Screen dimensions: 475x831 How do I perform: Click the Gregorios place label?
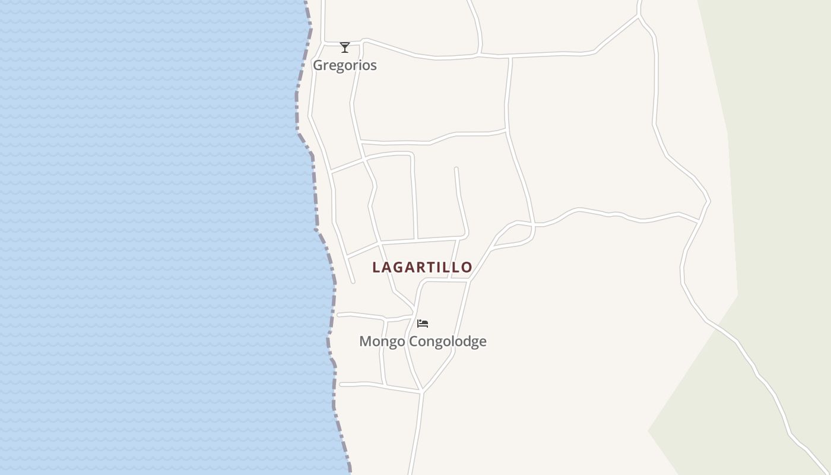pos(345,65)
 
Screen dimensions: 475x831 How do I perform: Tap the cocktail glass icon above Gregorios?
pos(345,47)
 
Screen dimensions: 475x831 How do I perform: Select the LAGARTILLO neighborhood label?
pos(422,267)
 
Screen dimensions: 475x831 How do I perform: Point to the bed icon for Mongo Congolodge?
pos(423,324)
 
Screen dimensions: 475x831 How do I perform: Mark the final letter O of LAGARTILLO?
pos(467,267)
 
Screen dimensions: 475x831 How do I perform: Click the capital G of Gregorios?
pos(318,65)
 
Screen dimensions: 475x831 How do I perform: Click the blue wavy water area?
pos(148,237)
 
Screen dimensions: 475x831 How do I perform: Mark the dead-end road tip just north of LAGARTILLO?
pos(456,169)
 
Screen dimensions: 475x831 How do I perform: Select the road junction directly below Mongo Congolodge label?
pos(421,391)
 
